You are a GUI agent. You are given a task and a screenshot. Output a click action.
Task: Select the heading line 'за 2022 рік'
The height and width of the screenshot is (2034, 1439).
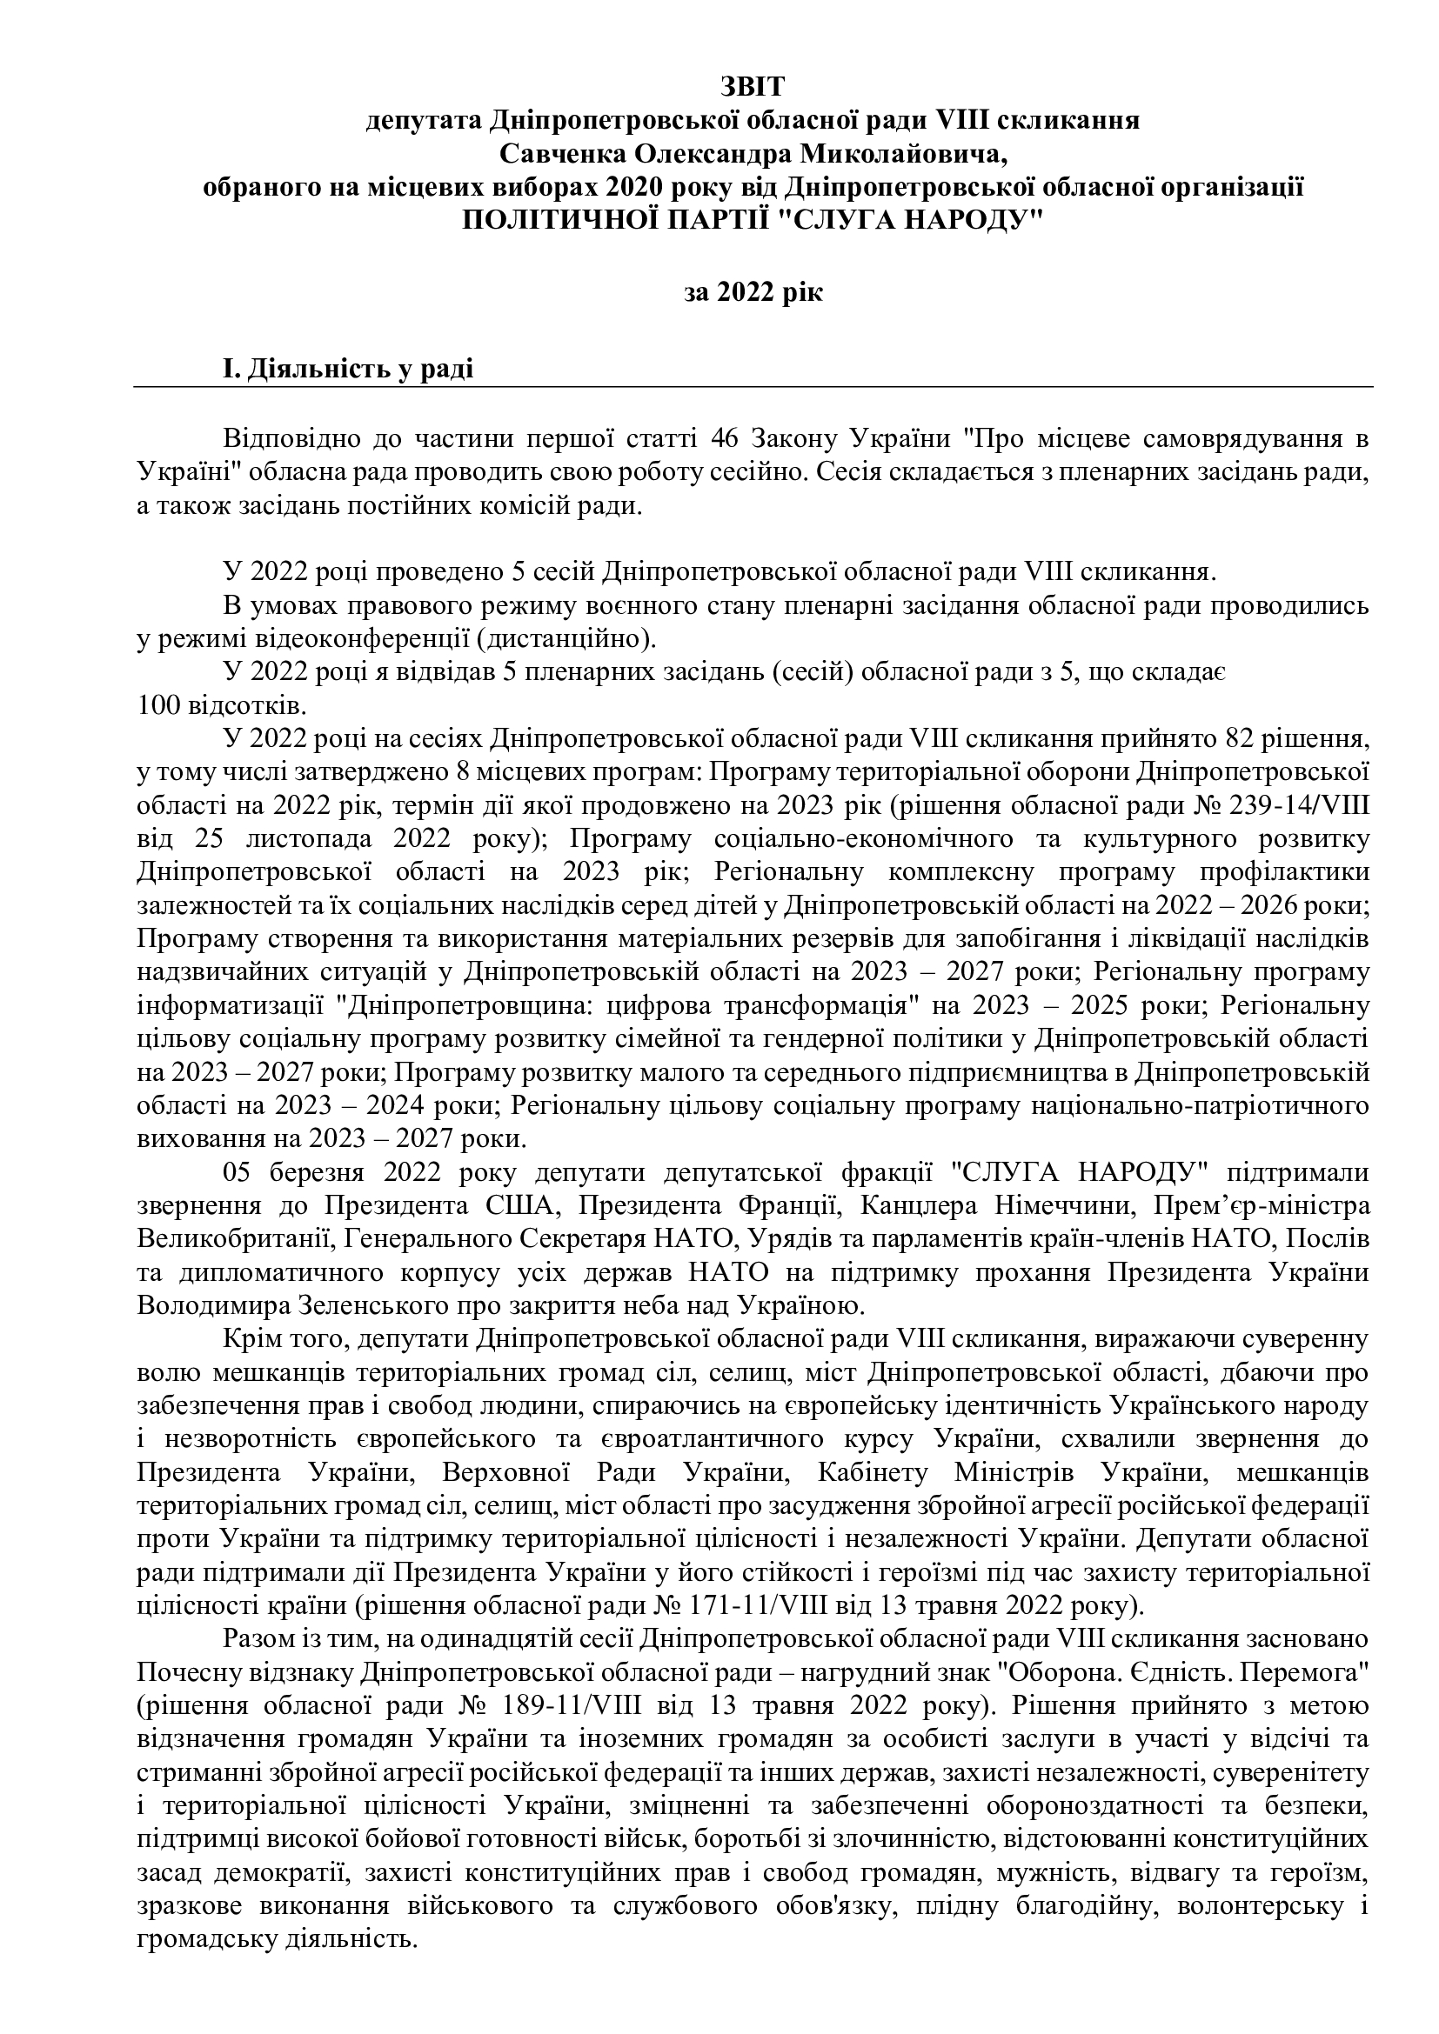point(753,291)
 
